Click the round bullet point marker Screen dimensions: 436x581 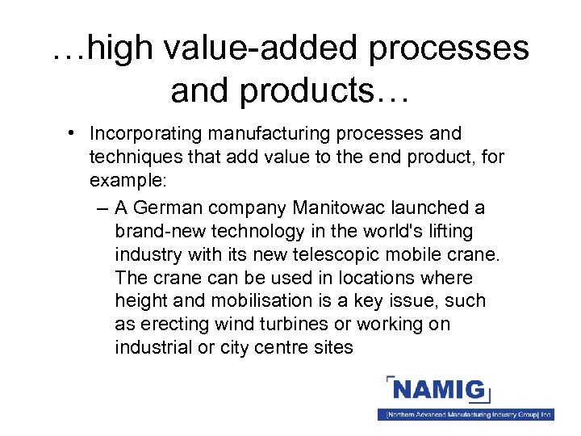73,132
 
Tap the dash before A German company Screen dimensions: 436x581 99,208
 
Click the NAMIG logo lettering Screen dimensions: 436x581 439,392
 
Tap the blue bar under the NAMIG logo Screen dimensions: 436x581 466,414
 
